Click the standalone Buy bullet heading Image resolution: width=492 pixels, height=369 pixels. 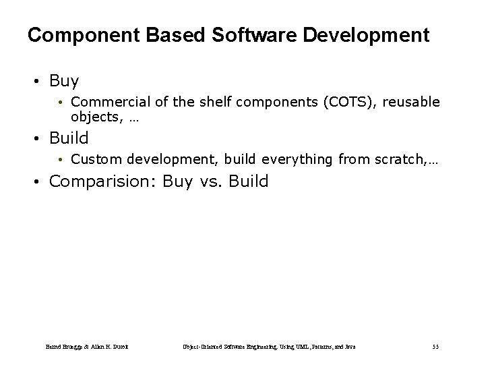(64, 82)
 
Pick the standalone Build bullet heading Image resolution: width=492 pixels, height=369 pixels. (69, 138)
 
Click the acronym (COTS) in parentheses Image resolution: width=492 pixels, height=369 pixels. (350, 102)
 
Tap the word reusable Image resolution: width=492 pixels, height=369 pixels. (412, 102)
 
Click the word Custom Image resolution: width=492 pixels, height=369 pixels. (92, 159)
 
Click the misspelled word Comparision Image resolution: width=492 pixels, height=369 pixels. (105, 181)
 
